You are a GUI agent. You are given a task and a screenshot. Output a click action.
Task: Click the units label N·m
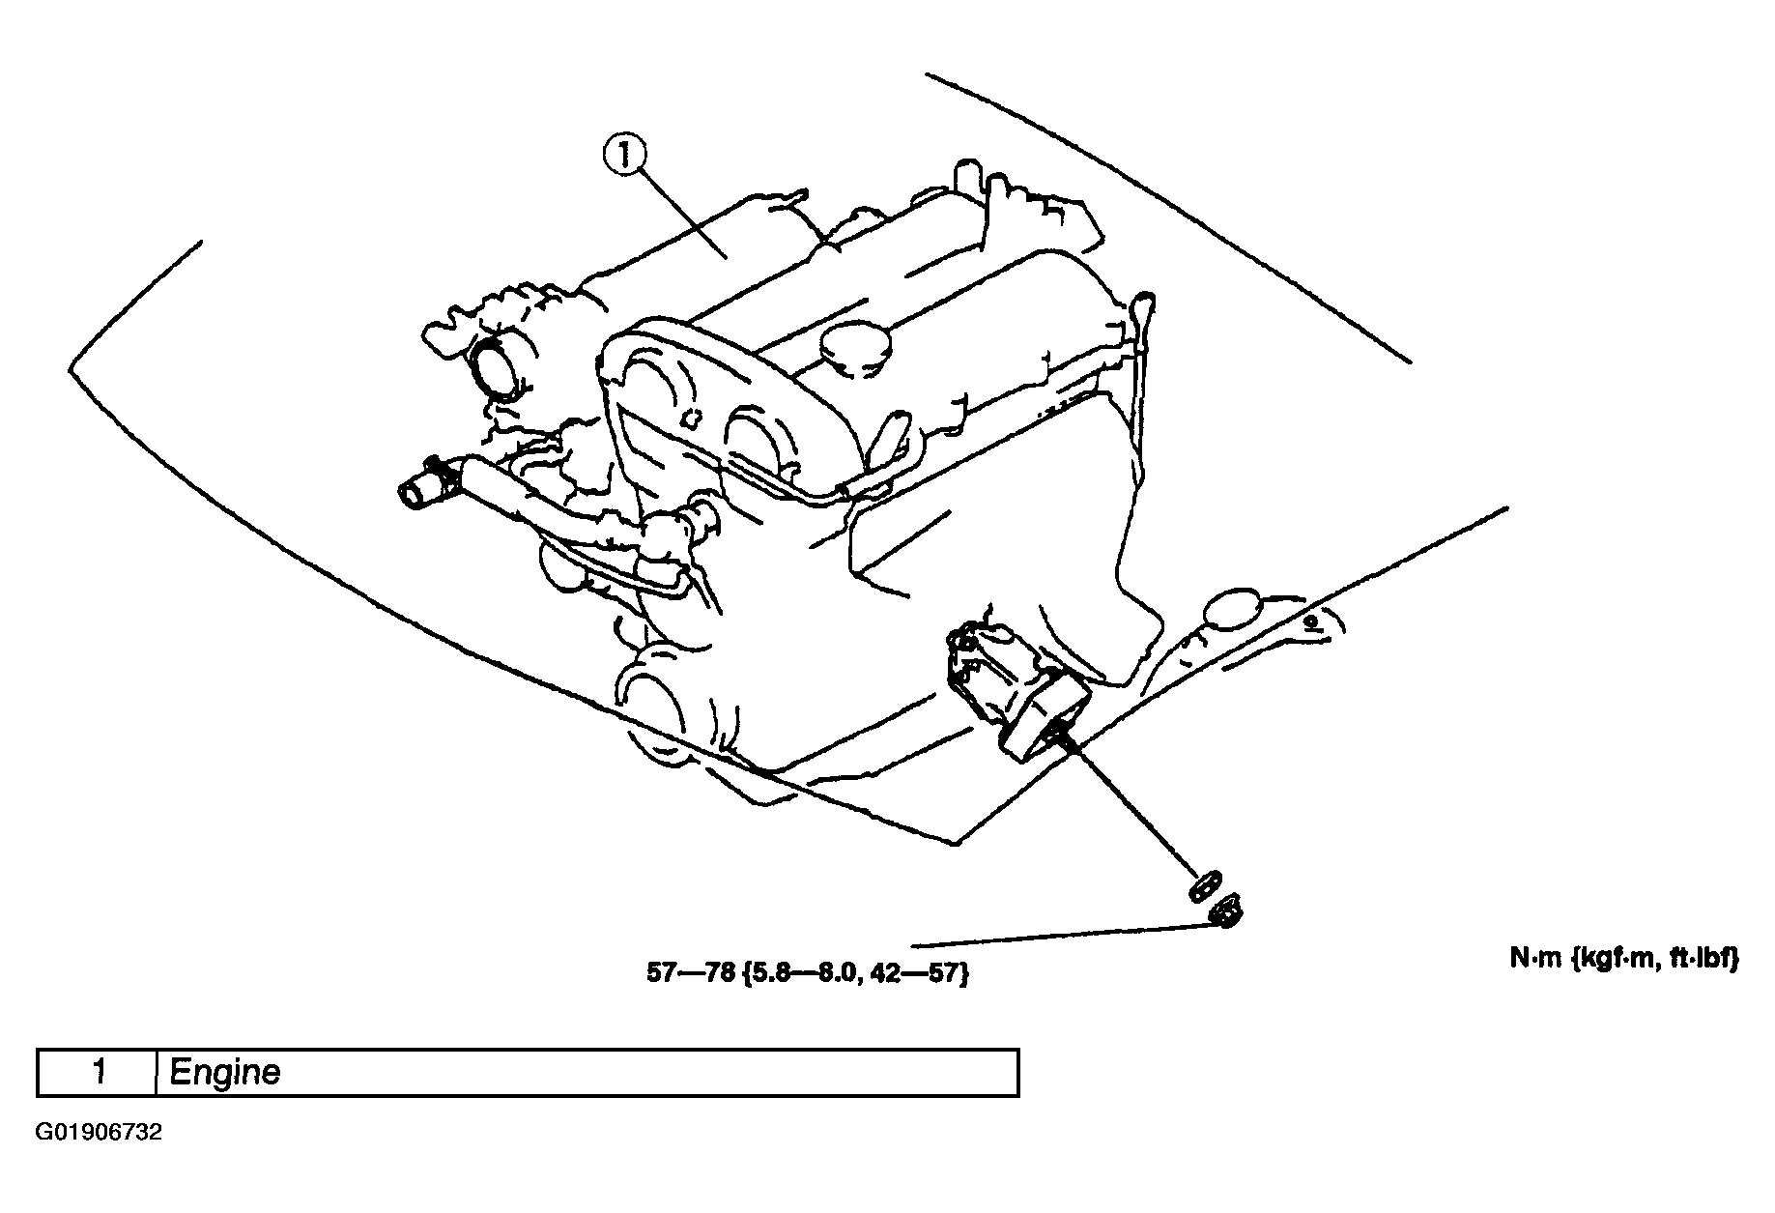pos(1542,959)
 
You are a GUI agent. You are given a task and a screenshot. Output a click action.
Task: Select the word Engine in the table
pos(224,1072)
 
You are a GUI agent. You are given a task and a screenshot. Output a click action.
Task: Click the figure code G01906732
pos(99,1132)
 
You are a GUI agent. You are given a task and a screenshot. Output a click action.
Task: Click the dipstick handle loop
pos(1143,304)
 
